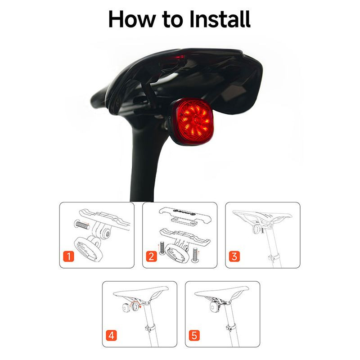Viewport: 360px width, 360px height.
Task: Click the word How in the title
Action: tap(132, 19)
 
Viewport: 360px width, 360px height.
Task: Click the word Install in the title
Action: tap(220, 19)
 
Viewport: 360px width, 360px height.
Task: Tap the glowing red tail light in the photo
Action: tap(193, 121)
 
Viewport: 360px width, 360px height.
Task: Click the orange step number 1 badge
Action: tap(68, 256)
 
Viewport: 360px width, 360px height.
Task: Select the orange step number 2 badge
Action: tap(151, 256)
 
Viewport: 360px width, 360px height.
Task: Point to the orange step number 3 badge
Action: tap(234, 256)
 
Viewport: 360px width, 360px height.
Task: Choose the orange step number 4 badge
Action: tap(111, 335)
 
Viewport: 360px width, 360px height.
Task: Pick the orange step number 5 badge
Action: tap(194, 335)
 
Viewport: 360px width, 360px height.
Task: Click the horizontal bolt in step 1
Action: tap(81, 225)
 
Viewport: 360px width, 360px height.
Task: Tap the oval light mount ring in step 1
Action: tap(88, 249)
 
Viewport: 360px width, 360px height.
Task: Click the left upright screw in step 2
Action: tap(162, 248)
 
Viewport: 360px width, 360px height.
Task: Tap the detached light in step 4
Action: tap(126, 308)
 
